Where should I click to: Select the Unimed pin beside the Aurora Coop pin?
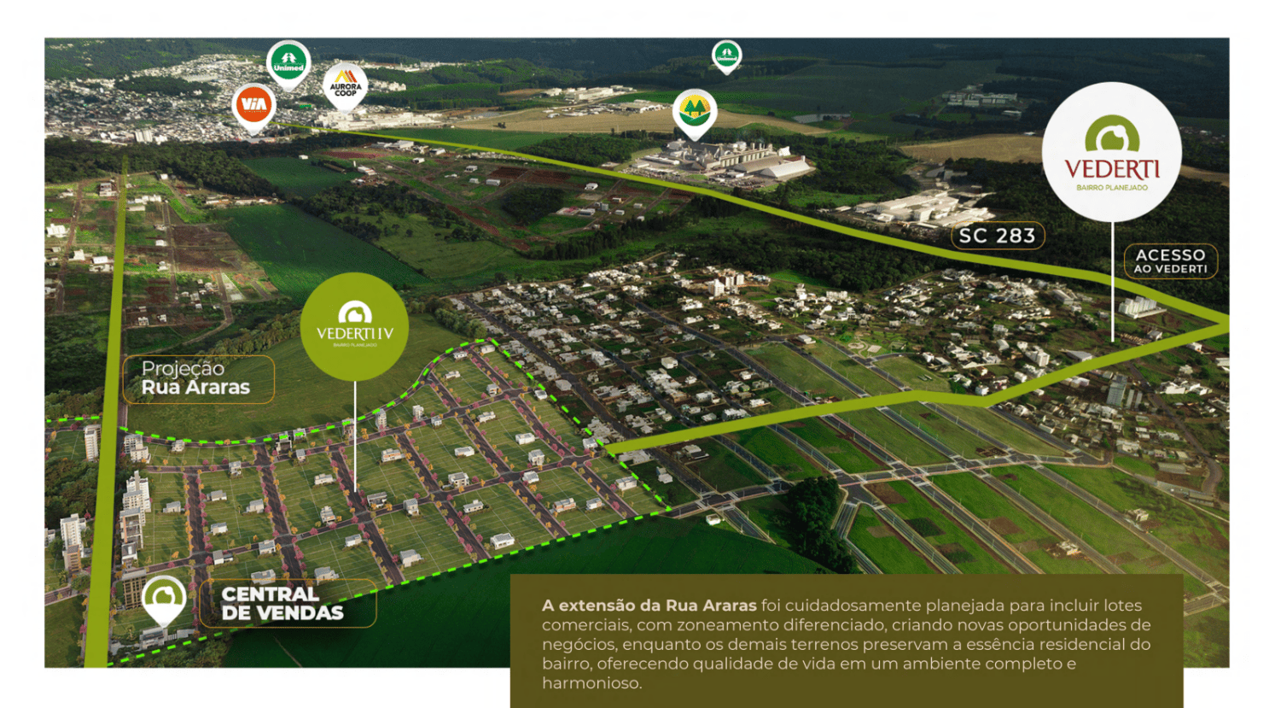[x=288, y=62]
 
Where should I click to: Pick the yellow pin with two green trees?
[x=694, y=111]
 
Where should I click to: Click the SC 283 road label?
[x=997, y=236]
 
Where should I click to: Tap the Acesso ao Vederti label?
[x=1170, y=260]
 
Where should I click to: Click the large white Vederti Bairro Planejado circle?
[x=1111, y=153]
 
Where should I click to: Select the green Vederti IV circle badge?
[x=354, y=326]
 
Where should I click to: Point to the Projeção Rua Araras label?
[x=196, y=378]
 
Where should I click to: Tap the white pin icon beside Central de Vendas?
[x=163, y=598]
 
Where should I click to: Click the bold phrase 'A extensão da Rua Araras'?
[x=649, y=606]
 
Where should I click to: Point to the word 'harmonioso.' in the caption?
[x=591, y=683]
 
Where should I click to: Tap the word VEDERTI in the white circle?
[x=1111, y=169]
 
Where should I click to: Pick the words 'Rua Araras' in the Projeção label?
[x=196, y=388]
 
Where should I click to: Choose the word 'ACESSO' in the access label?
[x=1170, y=255]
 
